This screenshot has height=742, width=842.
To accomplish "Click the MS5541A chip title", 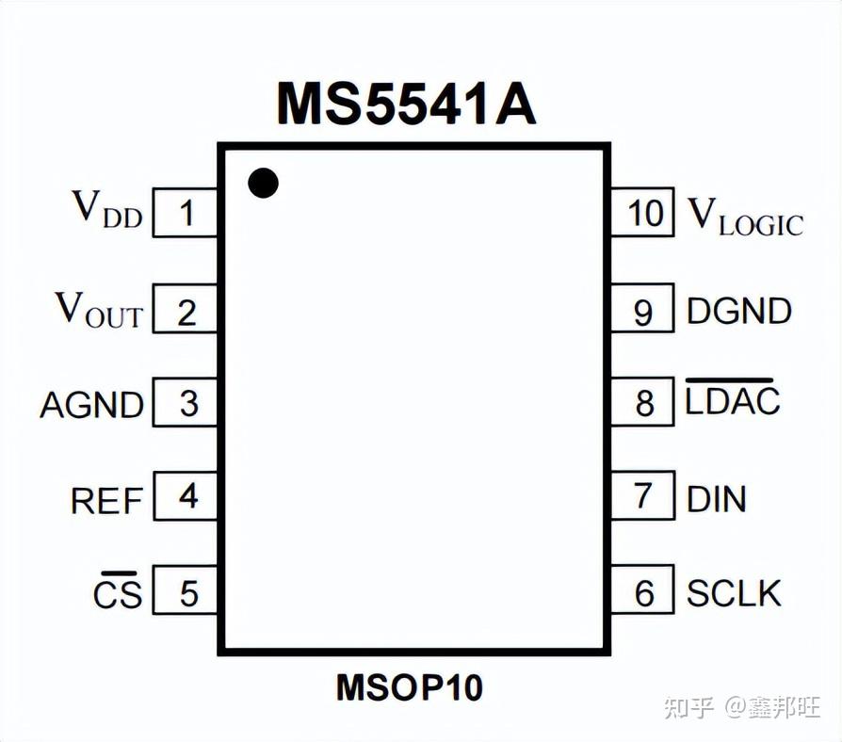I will click(x=406, y=104).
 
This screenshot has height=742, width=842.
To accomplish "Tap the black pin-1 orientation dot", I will click(x=264, y=183).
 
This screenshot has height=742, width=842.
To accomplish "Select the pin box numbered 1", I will click(x=186, y=214).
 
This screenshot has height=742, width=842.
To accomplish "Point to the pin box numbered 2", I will click(x=186, y=311).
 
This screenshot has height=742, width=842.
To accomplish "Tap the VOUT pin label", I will click(x=99, y=309).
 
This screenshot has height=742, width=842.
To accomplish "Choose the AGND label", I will click(x=91, y=404).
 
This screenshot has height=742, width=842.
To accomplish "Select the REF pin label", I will click(x=106, y=499).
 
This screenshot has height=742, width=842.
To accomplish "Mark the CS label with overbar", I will click(x=117, y=592).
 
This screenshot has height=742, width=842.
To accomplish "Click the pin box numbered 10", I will click(x=643, y=213).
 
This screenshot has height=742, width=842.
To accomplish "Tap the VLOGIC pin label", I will click(x=745, y=216).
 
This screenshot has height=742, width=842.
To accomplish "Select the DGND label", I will click(x=739, y=311).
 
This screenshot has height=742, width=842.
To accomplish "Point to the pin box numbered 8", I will click(x=643, y=403).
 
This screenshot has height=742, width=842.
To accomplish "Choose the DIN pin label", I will click(x=717, y=497).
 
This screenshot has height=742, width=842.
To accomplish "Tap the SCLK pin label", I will click(x=735, y=592).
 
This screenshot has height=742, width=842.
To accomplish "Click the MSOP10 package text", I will click(x=410, y=688).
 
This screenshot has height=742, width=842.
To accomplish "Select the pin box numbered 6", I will click(x=643, y=592).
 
